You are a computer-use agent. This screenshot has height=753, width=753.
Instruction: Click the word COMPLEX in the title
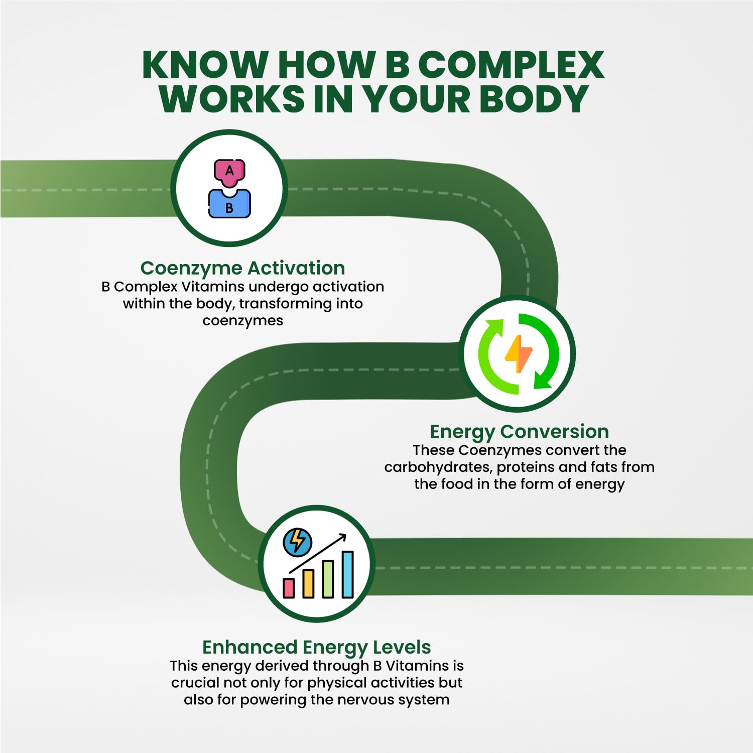coord(511,65)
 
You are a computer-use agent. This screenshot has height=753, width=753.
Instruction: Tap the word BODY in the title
coord(534,99)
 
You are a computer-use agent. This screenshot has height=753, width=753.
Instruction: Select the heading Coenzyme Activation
coord(242,268)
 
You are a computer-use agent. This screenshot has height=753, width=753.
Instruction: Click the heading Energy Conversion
coord(519,432)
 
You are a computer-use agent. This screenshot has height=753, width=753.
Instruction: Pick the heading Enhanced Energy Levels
coord(316,648)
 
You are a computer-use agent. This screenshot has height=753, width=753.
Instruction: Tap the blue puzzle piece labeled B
coord(229,205)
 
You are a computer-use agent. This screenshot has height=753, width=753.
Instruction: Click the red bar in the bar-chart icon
coord(289,588)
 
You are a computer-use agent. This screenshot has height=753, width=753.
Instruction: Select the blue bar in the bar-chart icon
coord(347,574)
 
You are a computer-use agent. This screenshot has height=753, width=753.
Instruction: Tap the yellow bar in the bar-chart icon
coord(308,583)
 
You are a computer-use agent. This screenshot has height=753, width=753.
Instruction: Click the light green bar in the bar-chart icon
coord(328,579)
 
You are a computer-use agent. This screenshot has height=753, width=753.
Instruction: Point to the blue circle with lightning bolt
coord(297,542)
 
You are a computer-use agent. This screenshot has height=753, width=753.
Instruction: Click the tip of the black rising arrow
coord(345,536)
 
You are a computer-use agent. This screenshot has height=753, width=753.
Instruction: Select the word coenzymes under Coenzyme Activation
coord(242,321)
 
